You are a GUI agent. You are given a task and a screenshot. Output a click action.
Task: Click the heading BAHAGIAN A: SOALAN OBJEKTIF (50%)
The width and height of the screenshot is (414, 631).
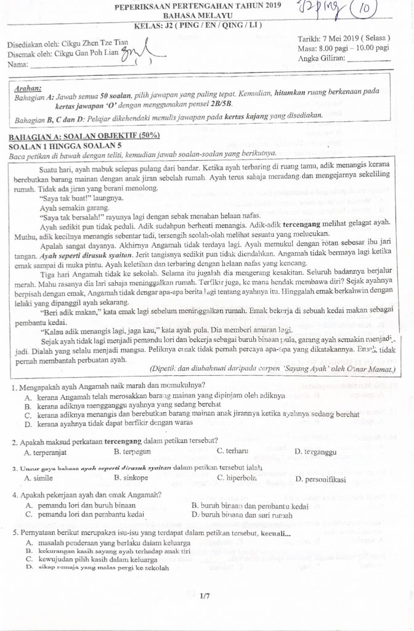tap(84, 136)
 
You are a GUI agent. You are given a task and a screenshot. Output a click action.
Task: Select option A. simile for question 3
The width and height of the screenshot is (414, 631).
tap(39, 478)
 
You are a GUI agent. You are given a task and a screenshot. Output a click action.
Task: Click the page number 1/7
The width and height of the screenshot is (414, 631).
tap(205, 596)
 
